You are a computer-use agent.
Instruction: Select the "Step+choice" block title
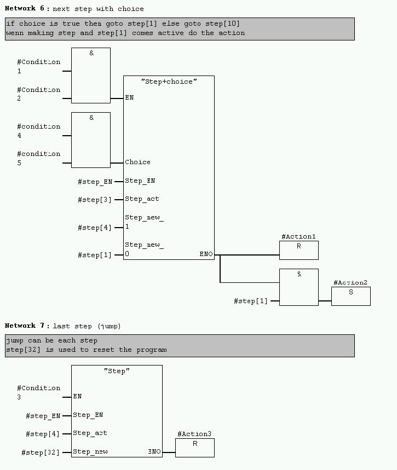(x=168, y=82)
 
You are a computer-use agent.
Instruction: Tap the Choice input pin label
(x=137, y=162)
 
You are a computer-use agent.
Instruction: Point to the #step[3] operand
(x=94, y=200)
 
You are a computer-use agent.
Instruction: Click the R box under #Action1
(x=298, y=250)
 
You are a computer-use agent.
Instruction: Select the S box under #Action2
(x=350, y=296)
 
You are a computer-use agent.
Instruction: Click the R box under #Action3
(x=194, y=448)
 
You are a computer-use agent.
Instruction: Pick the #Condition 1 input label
(x=38, y=66)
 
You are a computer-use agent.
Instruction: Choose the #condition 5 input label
(x=38, y=158)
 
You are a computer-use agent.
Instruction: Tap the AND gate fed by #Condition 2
(x=91, y=76)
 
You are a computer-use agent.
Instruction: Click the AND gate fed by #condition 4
(x=91, y=140)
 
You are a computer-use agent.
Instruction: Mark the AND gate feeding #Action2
(x=298, y=287)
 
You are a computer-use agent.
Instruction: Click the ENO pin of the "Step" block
(x=154, y=452)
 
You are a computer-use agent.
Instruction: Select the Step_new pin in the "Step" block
(x=90, y=452)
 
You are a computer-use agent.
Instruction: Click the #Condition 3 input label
(x=38, y=392)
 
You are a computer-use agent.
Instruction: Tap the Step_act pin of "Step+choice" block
(x=142, y=199)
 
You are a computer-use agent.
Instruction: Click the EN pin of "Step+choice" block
(x=129, y=98)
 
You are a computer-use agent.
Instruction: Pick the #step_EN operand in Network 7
(x=43, y=416)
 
